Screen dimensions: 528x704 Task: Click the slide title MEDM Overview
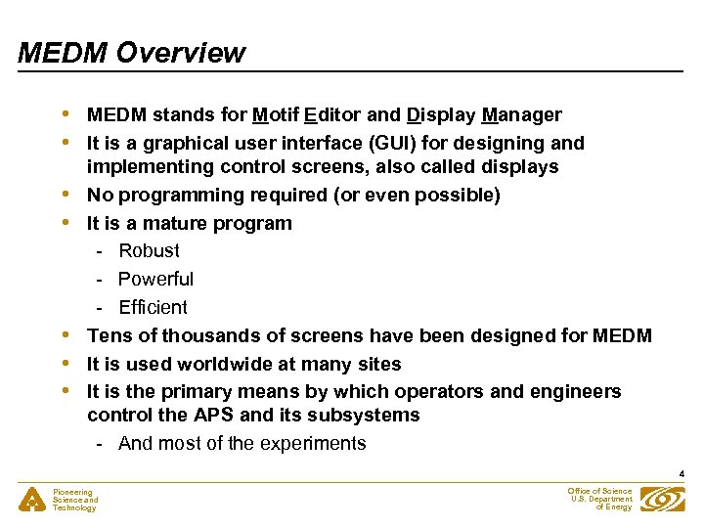[x=131, y=52]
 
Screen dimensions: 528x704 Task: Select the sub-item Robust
[x=149, y=250]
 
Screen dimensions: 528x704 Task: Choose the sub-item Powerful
[x=155, y=279]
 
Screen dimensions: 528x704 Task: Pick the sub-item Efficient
[x=153, y=307]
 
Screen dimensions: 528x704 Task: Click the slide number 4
[x=682, y=474]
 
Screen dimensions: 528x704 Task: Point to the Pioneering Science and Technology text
[x=75, y=500]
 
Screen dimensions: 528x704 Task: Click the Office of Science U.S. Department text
[x=599, y=499]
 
